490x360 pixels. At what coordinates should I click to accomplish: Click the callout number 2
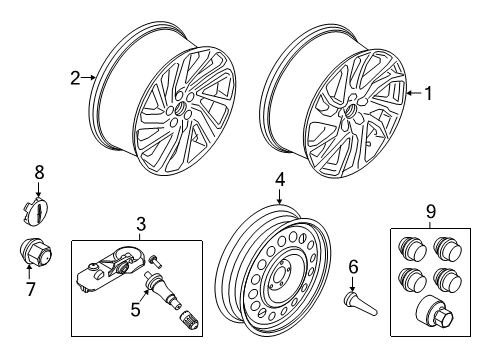(74, 76)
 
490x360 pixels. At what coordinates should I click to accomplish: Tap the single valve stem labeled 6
(353, 302)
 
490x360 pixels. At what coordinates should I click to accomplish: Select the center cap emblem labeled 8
(36, 211)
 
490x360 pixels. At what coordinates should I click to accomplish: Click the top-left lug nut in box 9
(411, 248)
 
